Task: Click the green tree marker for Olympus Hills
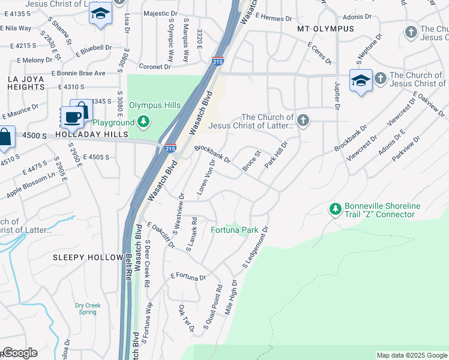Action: (143, 123)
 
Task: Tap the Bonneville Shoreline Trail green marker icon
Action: (335, 210)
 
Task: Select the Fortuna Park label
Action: (234, 230)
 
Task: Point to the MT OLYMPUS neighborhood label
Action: (326, 29)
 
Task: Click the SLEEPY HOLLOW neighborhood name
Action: (88, 257)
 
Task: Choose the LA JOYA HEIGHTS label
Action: (26, 83)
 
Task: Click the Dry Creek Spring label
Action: (88, 308)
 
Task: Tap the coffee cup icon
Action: (73, 117)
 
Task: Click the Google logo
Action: (19, 353)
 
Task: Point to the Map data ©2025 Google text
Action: (411, 355)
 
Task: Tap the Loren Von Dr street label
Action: (206, 178)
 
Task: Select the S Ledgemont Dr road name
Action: (254, 247)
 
